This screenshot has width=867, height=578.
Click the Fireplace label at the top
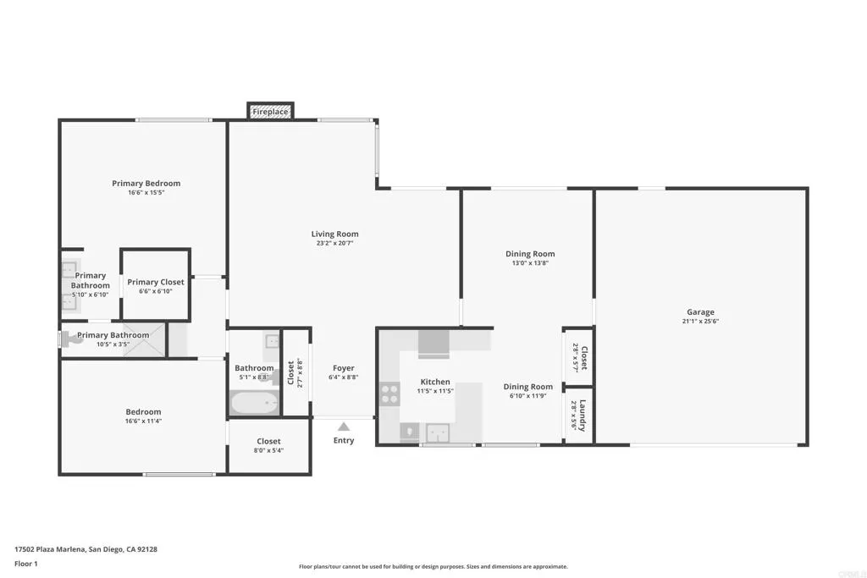[270, 112]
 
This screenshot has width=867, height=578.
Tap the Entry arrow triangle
[343, 427]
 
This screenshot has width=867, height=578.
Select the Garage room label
[700, 312]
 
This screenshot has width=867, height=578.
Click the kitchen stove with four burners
[389, 394]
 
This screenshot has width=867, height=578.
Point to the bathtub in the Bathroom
[255, 403]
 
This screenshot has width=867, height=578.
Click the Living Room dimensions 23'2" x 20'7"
[334, 244]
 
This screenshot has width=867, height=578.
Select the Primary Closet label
[155, 282]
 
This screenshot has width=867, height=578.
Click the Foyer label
[343, 368]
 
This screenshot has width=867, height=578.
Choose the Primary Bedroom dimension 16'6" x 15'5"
[146, 193]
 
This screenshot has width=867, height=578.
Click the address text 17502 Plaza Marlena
[86, 549]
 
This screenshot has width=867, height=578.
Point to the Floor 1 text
[26, 563]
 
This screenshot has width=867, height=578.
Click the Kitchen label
[435, 382]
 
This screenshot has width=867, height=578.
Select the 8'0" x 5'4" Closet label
[268, 450]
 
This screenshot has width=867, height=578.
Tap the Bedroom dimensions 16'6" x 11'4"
[143, 421]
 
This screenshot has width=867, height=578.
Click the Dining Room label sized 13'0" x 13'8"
[530, 254]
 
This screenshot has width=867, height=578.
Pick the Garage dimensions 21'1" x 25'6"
[700, 322]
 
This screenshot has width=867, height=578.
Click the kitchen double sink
[438, 433]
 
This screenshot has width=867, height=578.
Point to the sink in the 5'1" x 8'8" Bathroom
[273, 342]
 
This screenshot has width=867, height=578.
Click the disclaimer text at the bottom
[433, 567]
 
